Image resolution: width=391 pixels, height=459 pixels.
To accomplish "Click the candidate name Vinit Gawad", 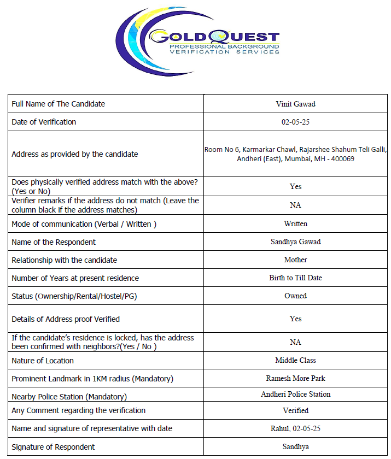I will pos(295,104).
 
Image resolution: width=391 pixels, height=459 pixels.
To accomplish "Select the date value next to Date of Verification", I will pos(295,122).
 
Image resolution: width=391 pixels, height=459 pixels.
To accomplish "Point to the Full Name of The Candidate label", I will pos(58,104).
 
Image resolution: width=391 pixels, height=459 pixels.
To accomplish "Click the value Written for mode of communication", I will pos(295,223).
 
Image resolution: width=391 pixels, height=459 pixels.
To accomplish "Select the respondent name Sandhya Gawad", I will pos(295,242).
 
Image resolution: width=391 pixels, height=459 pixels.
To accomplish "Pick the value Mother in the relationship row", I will pos(295,260).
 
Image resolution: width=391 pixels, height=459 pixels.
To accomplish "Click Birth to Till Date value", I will pos(295,278).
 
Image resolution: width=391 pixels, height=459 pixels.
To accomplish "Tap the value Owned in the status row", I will pos(295,296).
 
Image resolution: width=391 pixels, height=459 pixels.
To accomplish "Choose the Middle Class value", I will pos(295,361).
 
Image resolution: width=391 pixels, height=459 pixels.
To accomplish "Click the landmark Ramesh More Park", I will pos(295,379).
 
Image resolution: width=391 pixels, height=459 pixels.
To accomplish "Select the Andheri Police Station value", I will pos(295,394).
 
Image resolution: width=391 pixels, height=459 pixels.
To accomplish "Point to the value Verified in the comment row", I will pos(295,410).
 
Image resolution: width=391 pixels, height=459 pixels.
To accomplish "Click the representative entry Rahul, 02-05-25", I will pos(295,428).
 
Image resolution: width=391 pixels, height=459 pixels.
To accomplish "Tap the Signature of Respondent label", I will pos(53,447).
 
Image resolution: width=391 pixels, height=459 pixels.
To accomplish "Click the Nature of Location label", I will pos(43,361).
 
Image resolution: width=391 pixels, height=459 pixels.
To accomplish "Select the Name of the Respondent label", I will pos(54,242).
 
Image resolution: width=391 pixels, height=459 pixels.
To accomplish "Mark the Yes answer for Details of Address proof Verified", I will pos(295,319).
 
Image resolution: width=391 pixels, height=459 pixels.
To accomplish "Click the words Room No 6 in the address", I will pos(221,149).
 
